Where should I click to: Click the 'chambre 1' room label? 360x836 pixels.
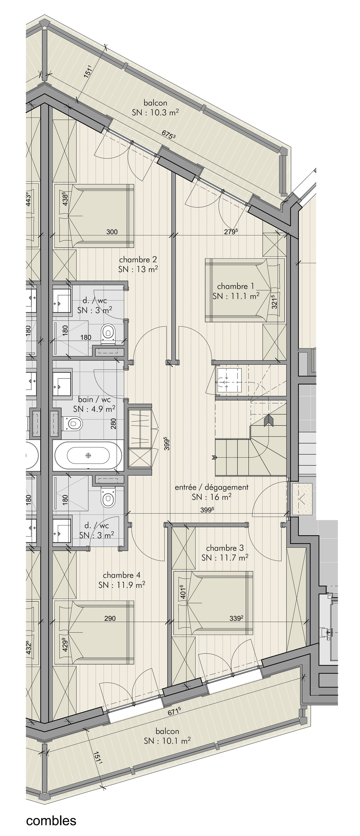click(235, 286)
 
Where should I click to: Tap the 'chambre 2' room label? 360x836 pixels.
click(138, 260)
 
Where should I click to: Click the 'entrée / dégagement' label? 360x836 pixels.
click(212, 487)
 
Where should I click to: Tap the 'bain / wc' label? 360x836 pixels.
click(94, 400)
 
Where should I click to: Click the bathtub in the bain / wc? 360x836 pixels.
click(88, 456)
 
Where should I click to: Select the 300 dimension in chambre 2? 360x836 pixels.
click(112, 232)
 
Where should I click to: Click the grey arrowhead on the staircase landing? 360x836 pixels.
click(269, 420)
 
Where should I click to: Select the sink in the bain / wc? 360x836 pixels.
click(62, 384)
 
